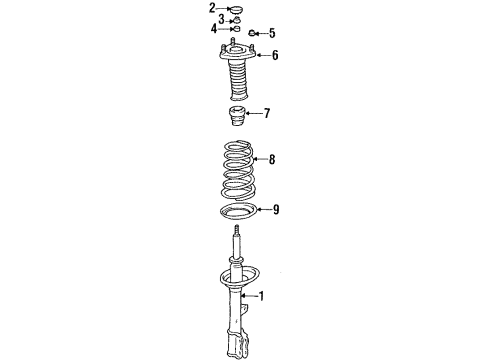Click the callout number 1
(263, 296)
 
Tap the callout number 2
(212, 9)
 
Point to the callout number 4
(213, 29)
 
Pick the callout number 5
(271, 32)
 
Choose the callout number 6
(274, 55)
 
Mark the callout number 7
(267, 113)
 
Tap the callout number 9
(275, 210)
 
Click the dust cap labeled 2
(237, 10)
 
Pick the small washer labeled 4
(237, 29)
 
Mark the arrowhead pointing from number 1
(247, 296)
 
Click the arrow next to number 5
(261, 32)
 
